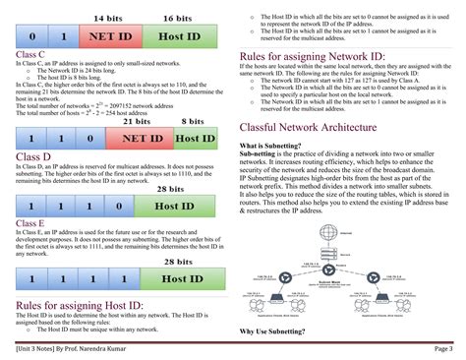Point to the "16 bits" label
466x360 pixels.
click(x=178, y=19)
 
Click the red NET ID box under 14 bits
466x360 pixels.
click(x=112, y=36)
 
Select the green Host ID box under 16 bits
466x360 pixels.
click(x=180, y=36)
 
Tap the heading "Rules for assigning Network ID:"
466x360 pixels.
click(x=312, y=58)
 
